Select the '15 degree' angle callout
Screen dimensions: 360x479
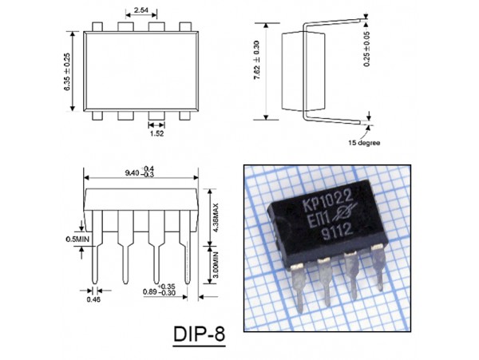[364, 143]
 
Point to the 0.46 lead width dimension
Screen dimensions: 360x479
[93, 299]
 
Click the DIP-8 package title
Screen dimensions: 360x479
[198, 333]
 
